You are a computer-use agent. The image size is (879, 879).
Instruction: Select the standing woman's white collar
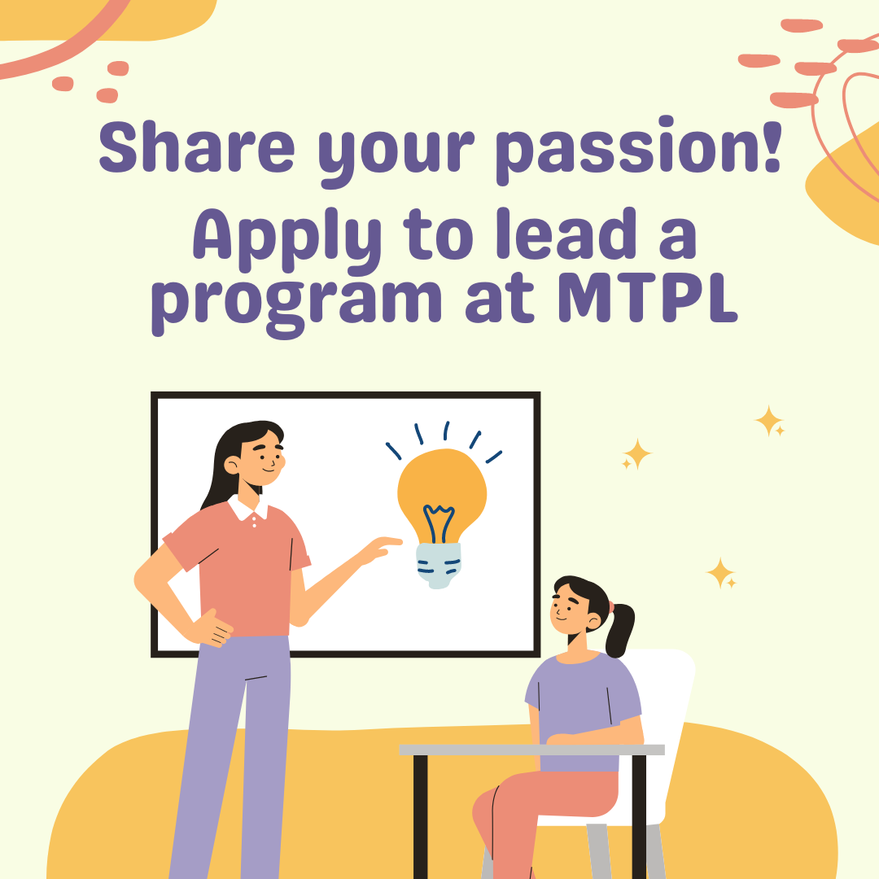245,509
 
